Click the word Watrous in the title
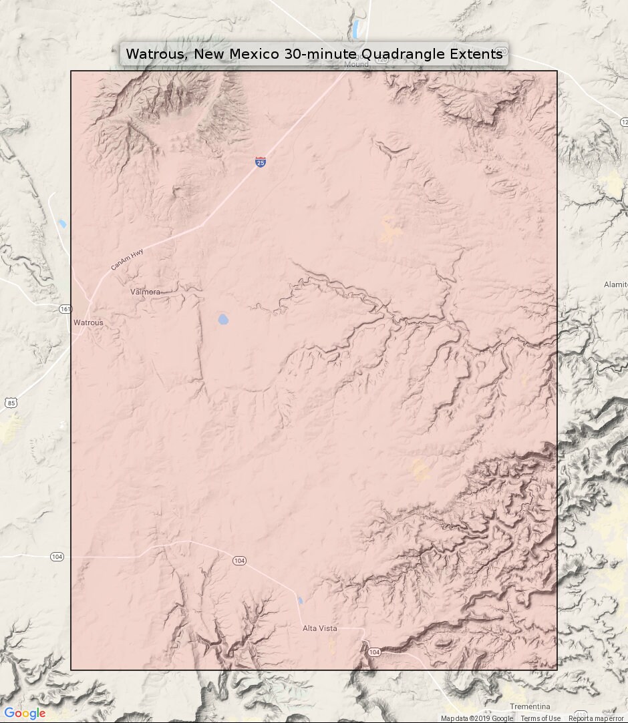click(156, 54)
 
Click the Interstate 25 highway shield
click(261, 162)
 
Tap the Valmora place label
click(145, 292)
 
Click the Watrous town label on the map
click(88, 322)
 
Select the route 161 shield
click(65, 309)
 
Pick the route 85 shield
click(10, 402)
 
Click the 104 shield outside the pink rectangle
click(57, 556)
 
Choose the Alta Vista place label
click(319, 628)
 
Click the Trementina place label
click(530, 706)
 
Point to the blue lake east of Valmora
click(223, 319)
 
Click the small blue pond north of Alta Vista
click(300, 601)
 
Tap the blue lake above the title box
click(359, 29)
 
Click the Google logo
click(25, 714)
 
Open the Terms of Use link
click(540, 718)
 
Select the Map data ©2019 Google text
click(476, 718)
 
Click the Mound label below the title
click(356, 65)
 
